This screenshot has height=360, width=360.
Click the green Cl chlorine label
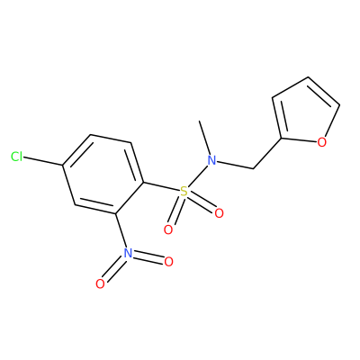point(16,157)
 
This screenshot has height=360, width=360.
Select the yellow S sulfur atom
point(184,191)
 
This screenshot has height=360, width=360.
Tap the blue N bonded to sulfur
point(212,160)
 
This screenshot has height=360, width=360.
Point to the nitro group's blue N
point(128,253)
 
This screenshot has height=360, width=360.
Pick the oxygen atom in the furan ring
point(322,142)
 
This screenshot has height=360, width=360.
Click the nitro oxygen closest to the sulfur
point(168,262)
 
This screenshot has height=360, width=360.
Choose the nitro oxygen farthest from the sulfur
point(100,283)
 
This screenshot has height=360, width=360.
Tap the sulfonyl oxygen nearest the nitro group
point(168,230)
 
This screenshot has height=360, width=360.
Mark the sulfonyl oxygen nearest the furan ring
point(219,213)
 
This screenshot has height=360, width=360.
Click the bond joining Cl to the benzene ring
point(42,161)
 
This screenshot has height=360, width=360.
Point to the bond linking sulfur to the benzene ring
point(161,186)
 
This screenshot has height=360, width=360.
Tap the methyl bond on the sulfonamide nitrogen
point(205,138)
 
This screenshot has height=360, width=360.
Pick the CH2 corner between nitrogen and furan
point(254,168)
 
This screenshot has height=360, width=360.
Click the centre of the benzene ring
point(103,174)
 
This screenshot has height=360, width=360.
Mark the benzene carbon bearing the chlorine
point(62,166)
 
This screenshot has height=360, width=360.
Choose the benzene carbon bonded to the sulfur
point(144,183)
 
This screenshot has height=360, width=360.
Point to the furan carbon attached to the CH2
point(282,139)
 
